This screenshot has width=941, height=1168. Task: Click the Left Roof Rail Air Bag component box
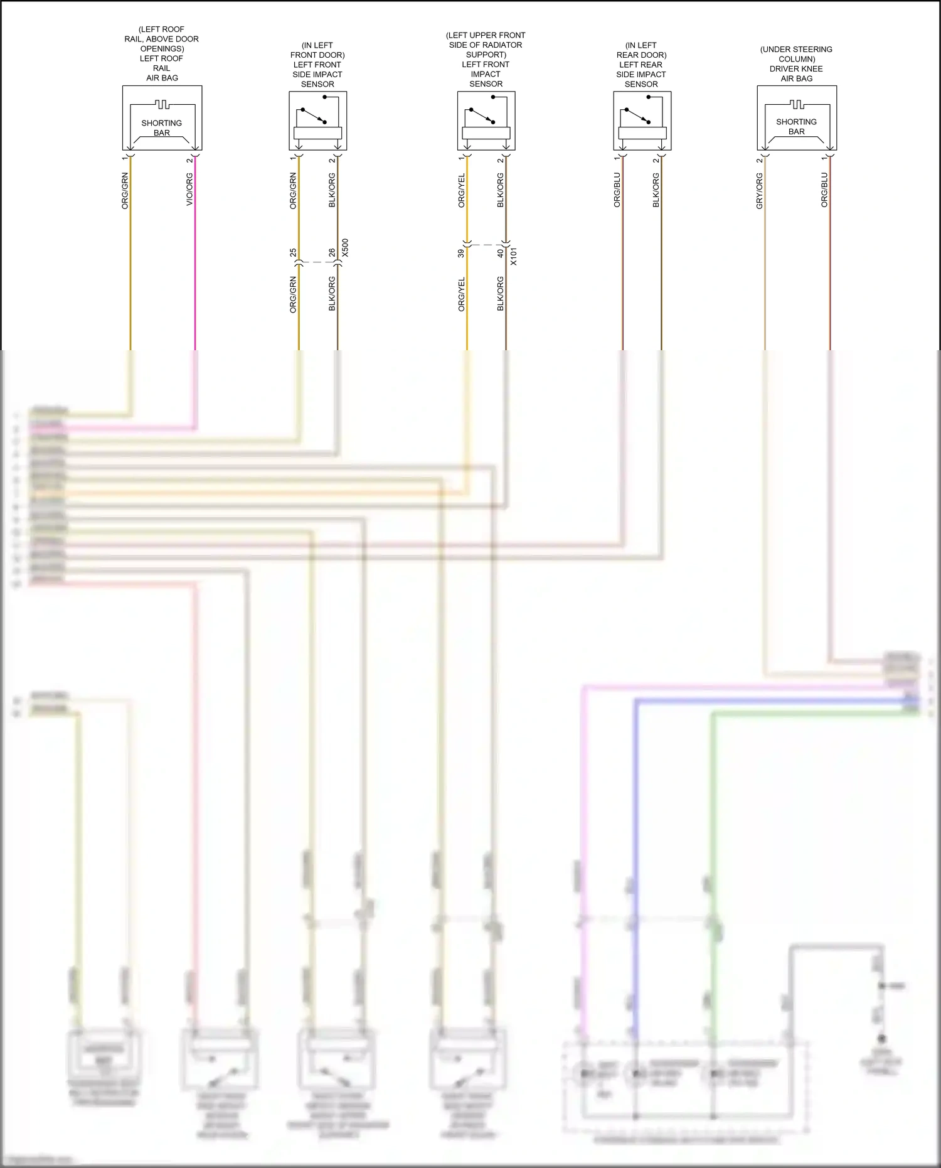(x=162, y=117)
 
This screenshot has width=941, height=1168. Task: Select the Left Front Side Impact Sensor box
(x=317, y=121)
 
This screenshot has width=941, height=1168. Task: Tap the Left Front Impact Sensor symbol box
(x=486, y=121)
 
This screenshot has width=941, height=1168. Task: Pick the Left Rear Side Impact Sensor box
(x=642, y=121)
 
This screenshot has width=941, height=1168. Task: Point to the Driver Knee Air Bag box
(x=797, y=117)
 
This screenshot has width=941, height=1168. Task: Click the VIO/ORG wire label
(x=189, y=190)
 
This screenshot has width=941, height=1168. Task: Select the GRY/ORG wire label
(x=759, y=191)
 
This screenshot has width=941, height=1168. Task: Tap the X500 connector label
(x=345, y=249)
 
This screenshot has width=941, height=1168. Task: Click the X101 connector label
(x=514, y=256)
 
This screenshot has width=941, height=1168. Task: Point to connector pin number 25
(x=293, y=252)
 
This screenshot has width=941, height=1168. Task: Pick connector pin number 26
(x=332, y=252)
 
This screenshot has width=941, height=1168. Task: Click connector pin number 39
(x=462, y=253)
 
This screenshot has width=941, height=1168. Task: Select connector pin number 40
(x=501, y=253)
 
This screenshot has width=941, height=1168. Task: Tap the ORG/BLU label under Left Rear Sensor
(x=617, y=190)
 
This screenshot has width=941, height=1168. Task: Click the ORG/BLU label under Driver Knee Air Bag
(x=824, y=190)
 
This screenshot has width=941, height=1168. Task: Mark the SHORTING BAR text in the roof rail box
(x=162, y=128)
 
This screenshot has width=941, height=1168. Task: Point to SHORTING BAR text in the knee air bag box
(x=797, y=127)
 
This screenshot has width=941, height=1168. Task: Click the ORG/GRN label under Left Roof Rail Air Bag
(x=125, y=191)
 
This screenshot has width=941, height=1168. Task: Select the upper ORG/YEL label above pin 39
(x=462, y=191)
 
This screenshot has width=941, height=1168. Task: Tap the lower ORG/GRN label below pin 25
(x=293, y=294)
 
